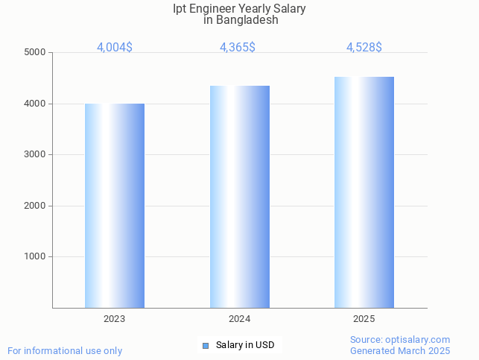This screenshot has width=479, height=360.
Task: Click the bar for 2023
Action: point(115,206)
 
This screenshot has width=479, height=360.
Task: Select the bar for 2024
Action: point(240,197)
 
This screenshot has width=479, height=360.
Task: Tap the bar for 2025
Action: point(364,192)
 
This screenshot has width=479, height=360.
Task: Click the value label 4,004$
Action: point(115,47)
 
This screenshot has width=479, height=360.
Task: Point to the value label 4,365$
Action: point(238,47)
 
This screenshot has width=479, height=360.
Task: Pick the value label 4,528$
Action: point(364,47)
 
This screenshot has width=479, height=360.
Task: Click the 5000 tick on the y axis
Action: point(35,53)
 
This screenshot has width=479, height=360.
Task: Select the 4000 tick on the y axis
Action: point(35,104)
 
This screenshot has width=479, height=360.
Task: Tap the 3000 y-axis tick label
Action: point(35,155)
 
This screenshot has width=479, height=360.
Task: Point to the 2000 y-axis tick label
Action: point(35,206)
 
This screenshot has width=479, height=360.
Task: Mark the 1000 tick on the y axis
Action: point(35,257)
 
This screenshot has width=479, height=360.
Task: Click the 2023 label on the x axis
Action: point(115,319)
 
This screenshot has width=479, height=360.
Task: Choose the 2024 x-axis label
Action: point(240,319)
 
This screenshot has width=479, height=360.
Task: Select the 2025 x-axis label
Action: point(364,319)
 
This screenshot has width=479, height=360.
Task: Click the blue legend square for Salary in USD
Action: point(206,345)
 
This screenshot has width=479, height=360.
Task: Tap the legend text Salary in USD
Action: point(245,345)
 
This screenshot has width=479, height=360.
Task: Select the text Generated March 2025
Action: point(400,350)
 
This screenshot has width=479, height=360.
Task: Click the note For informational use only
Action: point(65,350)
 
